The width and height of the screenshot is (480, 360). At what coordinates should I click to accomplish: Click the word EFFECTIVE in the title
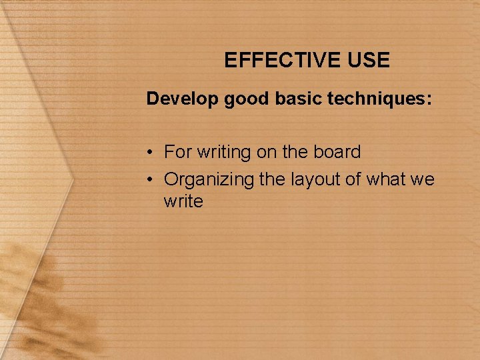tap(283, 61)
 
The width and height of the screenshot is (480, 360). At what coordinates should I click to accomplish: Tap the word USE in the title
tap(368, 61)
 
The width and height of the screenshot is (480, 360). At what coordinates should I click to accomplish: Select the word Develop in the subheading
tap(183, 100)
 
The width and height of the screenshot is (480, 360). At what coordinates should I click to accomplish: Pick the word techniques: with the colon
tap(379, 100)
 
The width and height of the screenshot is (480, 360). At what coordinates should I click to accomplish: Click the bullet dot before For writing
tap(151, 153)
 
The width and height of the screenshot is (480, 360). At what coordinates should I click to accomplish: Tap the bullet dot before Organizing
tap(151, 179)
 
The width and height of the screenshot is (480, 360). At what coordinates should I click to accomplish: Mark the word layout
tap(315, 180)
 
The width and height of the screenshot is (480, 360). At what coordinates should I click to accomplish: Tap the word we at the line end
tap(423, 180)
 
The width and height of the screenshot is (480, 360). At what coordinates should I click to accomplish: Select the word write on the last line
tap(183, 201)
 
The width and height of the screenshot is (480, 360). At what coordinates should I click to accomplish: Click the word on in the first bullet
tap(267, 153)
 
